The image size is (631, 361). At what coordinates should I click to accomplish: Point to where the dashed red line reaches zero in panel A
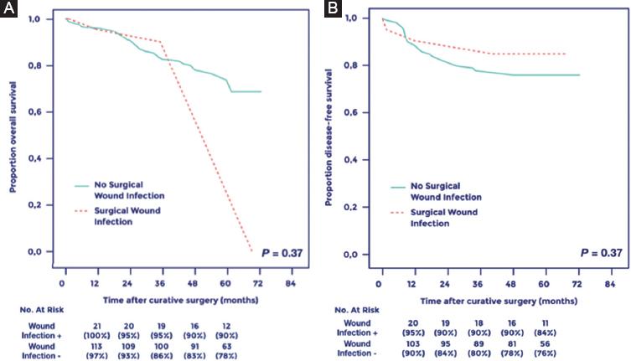(251, 250)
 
